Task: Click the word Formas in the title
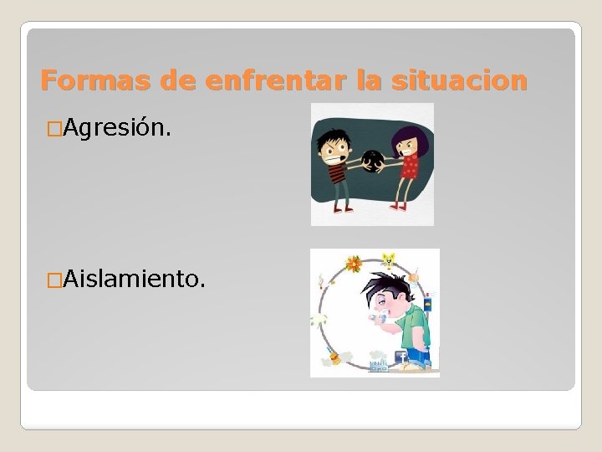click(80, 80)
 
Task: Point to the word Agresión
click(118, 128)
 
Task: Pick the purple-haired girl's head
click(406, 142)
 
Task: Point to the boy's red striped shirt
click(338, 174)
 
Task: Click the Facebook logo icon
click(400, 357)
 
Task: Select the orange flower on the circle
click(354, 265)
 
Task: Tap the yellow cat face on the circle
click(387, 259)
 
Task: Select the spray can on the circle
click(427, 303)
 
